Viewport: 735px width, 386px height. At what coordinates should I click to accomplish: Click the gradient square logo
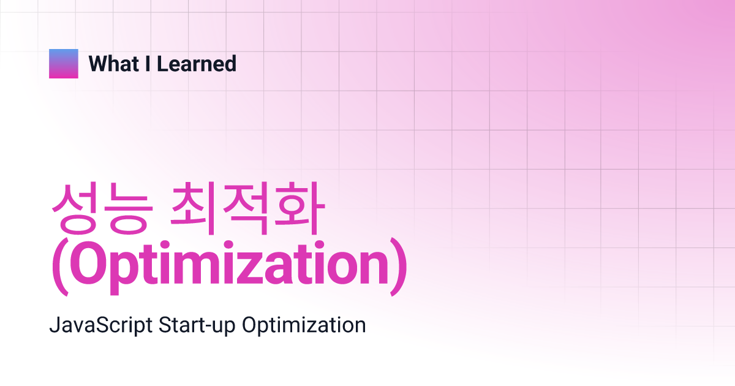(x=64, y=64)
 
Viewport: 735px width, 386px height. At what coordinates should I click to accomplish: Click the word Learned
(x=197, y=64)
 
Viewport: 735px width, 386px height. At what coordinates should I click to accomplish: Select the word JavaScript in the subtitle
(x=100, y=325)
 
